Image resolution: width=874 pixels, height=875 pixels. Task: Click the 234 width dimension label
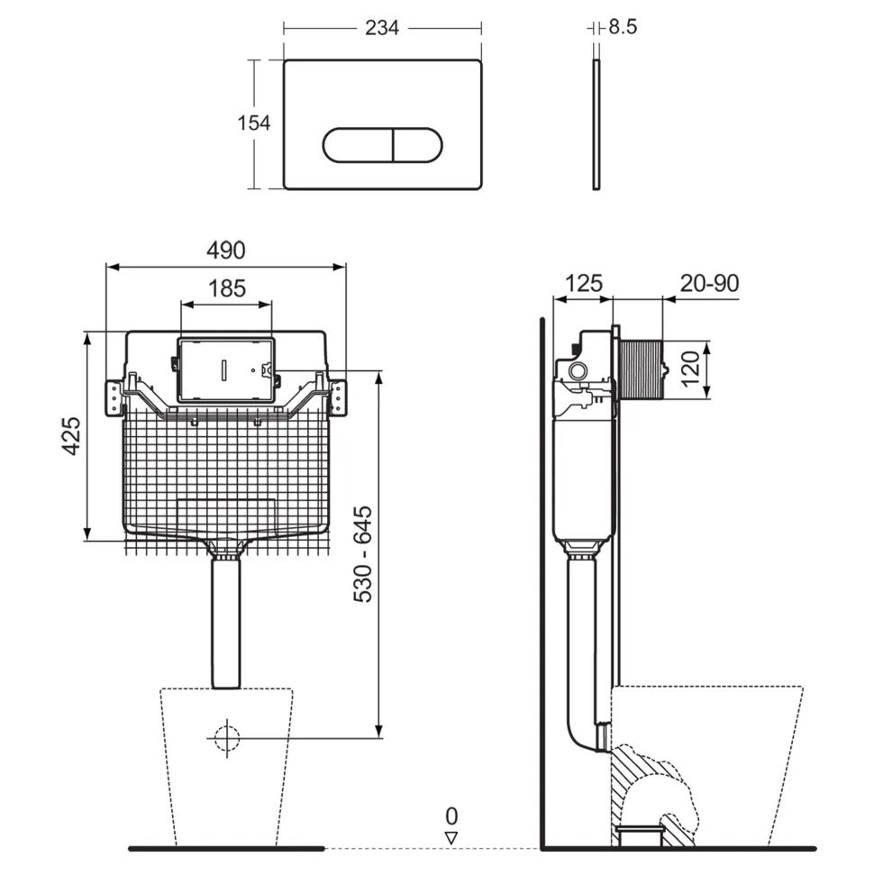(x=382, y=27)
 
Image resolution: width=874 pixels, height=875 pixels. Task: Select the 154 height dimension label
(x=254, y=123)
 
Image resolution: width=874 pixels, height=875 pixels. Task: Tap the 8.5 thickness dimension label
(x=623, y=26)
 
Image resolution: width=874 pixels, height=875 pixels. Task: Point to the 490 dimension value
(x=226, y=250)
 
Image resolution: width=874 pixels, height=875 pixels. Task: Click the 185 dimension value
(x=227, y=288)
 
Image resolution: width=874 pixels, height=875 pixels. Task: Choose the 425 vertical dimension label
(x=71, y=436)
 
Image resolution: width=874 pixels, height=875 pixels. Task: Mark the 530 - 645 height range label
(x=363, y=554)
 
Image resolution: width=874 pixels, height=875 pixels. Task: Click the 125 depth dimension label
(x=584, y=283)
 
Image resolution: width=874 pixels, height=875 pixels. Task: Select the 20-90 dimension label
(x=709, y=283)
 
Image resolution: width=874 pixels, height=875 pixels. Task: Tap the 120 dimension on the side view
(x=690, y=369)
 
